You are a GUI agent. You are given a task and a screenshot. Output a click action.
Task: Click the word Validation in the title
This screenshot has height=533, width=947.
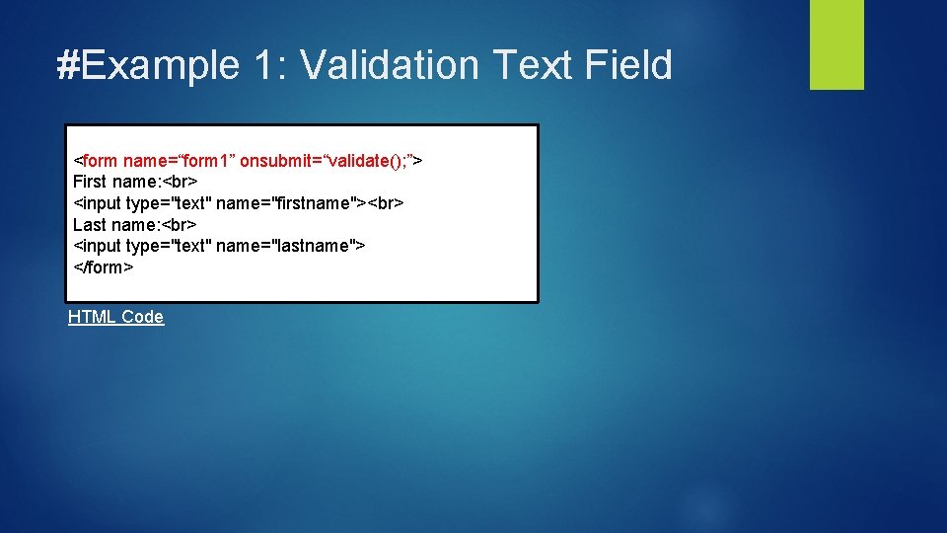pyautogui.click(x=388, y=65)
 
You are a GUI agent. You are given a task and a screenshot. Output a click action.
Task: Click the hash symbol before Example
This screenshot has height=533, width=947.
pyautogui.click(x=68, y=65)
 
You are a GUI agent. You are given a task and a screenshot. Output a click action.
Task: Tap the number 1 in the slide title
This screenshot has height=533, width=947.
pyautogui.click(x=263, y=65)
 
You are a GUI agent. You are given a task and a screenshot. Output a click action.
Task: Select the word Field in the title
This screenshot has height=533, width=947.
pyautogui.click(x=628, y=65)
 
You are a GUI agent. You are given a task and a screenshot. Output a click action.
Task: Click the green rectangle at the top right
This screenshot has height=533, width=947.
pyautogui.click(x=837, y=44)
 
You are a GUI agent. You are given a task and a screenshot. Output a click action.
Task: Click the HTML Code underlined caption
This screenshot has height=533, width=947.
pyautogui.click(x=115, y=317)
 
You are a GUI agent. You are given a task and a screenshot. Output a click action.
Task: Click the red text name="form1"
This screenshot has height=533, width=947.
pyautogui.click(x=178, y=160)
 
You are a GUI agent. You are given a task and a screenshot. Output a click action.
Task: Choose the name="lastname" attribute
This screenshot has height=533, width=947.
pyautogui.click(x=286, y=246)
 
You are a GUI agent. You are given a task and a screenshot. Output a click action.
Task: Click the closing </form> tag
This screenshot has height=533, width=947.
pyautogui.click(x=103, y=267)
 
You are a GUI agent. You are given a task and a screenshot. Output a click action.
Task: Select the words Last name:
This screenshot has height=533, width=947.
pyautogui.click(x=115, y=225)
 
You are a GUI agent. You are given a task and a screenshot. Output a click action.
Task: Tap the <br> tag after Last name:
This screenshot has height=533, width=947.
pyautogui.click(x=179, y=225)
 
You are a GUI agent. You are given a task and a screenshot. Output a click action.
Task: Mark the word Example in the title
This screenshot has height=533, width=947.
pyautogui.click(x=160, y=65)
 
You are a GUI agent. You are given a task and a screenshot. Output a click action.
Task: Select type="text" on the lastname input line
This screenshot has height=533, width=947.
pyautogui.click(x=168, y=246)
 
